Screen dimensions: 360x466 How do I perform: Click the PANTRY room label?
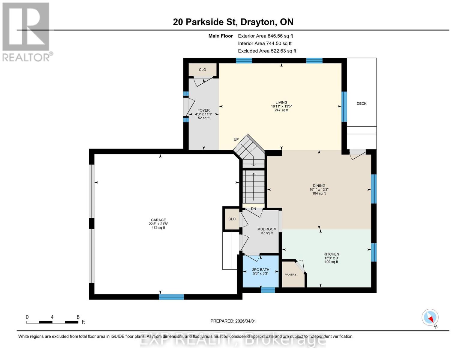click(x=290, y=274)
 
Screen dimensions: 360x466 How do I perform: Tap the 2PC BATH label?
click(x=260, y=270)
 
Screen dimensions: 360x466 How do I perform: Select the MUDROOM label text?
click(x=267, y=229)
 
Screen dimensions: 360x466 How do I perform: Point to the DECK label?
click(x=361, y=103)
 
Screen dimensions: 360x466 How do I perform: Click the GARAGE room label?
click(x=158, y=220)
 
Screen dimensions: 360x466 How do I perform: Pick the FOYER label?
click(x=203, y=110)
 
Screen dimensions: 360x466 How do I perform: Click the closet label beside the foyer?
click(x=202, y=70)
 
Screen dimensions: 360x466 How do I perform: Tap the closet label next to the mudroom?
click(x=232, y=219)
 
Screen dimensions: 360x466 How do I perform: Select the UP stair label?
click(x=236, y=139)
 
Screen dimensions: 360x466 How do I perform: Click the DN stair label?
click(x=254, y=209)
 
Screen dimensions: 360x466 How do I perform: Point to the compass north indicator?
click(x=430, y=317)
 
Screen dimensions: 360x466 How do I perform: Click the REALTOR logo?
click(x=26, y=31)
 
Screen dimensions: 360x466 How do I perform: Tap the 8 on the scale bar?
click(x=78, y=317)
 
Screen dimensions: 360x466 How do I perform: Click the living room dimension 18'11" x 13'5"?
click(x=281, y=106)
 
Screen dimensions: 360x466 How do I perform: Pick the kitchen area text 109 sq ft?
click(x=331, y=262)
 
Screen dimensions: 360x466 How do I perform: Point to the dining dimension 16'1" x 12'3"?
click(x=319, y=190)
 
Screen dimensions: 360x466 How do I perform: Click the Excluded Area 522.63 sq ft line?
click(x=267, y=51)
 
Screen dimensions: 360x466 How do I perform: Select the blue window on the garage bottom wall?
click(x=171, y=297)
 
